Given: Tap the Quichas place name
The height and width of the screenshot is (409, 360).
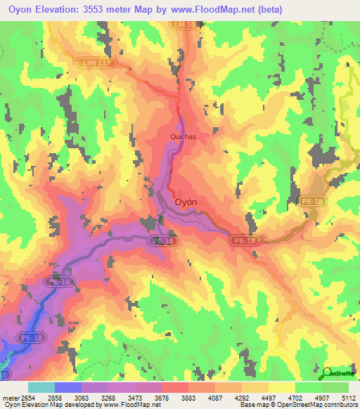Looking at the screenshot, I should (x=183, y=138).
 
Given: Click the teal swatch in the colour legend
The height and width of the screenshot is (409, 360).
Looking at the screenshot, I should (x=41, y=387).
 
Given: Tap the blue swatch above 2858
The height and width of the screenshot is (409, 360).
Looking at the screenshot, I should (x=67, y=387).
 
